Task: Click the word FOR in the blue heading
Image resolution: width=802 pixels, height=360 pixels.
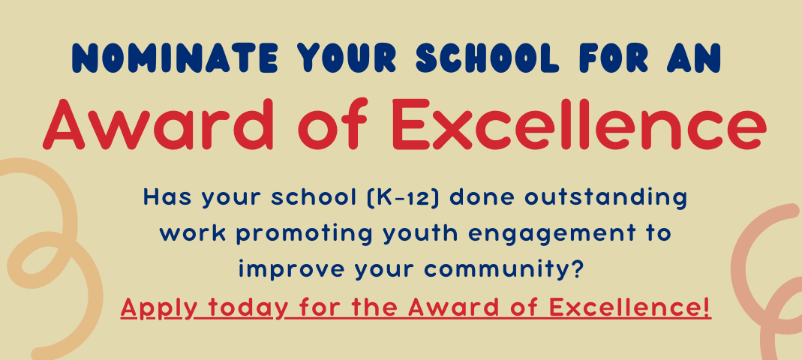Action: [612, 58]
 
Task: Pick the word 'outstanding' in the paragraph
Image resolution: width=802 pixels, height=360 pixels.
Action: [605, 198]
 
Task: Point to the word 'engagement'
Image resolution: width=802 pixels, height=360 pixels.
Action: [545, 235]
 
